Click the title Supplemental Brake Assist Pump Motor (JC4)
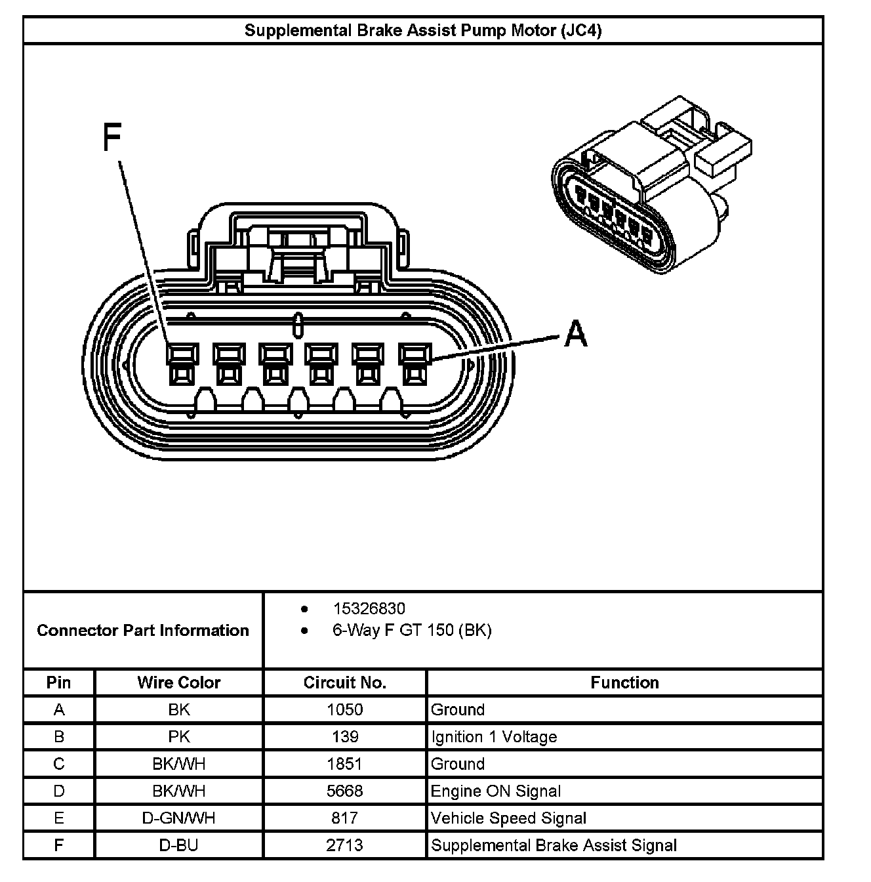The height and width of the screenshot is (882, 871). coord(423,31)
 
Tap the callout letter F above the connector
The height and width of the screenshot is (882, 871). coord(113,138)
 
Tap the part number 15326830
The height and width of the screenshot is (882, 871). coord(369,608)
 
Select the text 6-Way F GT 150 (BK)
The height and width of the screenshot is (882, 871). coord(412,631)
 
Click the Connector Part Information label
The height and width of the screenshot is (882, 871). coord(143,631)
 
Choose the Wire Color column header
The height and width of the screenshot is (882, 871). coord(179,682)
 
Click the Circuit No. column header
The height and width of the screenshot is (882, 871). coord(345,682)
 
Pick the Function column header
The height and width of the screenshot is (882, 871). coord(624,682)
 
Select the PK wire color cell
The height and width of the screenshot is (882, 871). coord(179,737)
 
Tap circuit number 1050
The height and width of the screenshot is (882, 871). coord(345,709)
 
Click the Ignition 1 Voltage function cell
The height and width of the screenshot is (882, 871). coord(494,737)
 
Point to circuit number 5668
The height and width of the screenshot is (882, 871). coord(345,791)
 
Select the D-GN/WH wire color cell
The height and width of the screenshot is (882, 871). coord(179,818)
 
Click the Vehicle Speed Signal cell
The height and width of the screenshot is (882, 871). coord(508,818)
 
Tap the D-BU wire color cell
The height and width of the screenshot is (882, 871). coord(179,845)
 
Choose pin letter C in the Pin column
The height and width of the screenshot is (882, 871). coord(59,764)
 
